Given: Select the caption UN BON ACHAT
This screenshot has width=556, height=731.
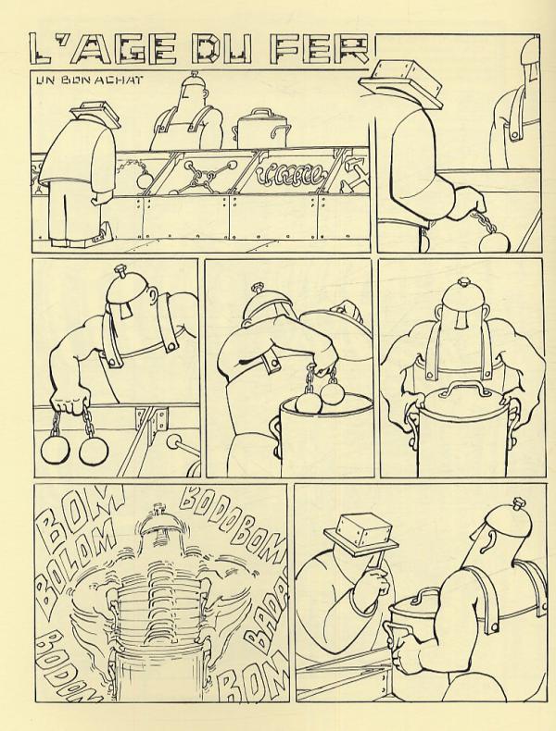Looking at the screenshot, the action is pyautogui.click(x=90, y=80).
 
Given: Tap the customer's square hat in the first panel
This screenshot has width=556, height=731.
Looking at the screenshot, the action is pyautogui.click(x=95, y=113).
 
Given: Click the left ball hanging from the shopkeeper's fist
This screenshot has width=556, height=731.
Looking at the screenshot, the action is pyautogui.click(x=55, y=450).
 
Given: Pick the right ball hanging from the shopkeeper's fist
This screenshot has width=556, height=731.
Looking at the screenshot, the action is pyautogui.click(x=94, y=451).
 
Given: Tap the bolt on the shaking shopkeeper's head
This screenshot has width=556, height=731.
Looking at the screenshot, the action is pyautogui.click(x=158, y=509).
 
